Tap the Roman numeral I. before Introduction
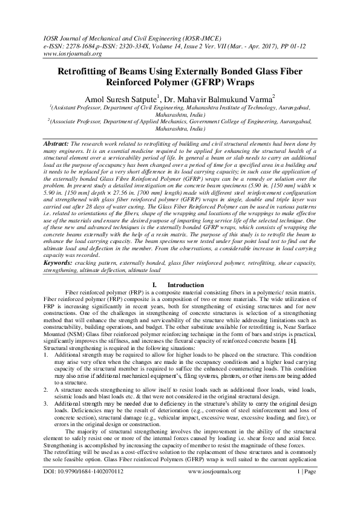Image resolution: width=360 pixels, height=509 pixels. (155, 284)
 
